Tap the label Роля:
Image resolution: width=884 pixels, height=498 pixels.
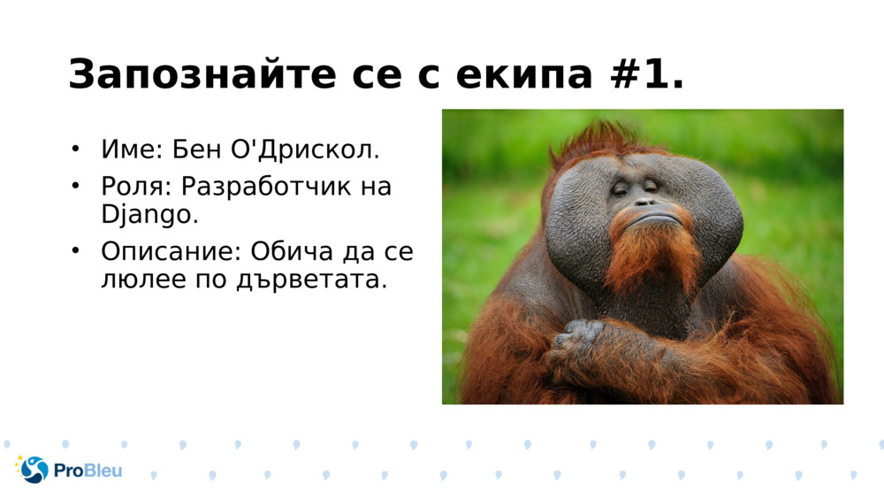coord(136,187)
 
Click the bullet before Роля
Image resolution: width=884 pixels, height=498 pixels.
coord(76,186)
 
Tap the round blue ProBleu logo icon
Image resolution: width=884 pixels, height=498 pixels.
coord(34,470)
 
